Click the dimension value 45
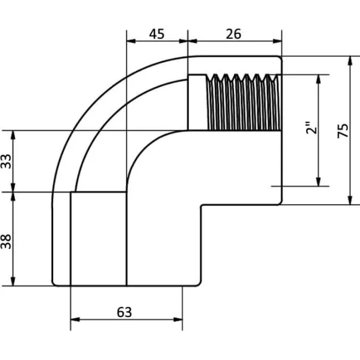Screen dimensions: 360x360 156,33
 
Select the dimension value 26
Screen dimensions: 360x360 234,33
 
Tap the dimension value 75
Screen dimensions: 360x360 342,131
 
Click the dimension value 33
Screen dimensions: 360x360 6,161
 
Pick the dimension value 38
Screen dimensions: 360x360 6,240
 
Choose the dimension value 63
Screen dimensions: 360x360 124,312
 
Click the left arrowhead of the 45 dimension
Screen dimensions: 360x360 131,42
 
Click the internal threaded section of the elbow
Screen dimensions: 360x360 242,101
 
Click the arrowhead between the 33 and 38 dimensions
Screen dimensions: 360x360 13,192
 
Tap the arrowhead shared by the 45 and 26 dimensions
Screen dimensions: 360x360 187,42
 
